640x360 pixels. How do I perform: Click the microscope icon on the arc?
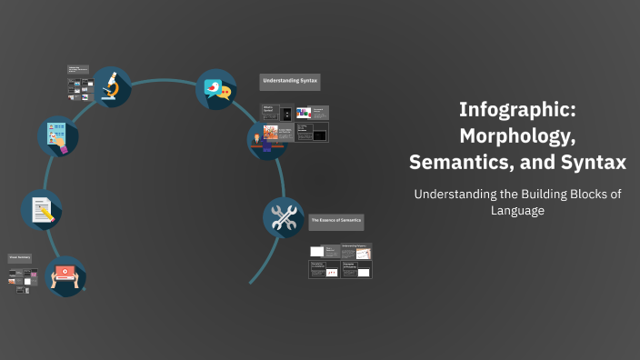[x=111, y=86]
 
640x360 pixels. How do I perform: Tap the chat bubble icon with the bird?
[x=216, y=89]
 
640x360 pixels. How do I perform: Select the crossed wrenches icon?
[x=283, y=217]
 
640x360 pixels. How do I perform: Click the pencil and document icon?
[x=42, y=209]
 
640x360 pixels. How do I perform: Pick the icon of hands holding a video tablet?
[x=65, y=276]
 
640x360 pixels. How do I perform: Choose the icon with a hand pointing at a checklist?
[x=57, y=135]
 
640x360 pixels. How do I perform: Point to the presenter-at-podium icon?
[x=267, y=137]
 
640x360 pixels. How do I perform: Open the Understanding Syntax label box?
[x=290, y=82]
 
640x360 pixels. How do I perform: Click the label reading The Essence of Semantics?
[x=336, y=221]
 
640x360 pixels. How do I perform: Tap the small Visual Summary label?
[x=21, y=258]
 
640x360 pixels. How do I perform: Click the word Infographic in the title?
[x=516, y=111]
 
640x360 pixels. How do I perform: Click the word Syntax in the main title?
[x=593, y=164]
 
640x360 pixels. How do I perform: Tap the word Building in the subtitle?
[x=551, y=194]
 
